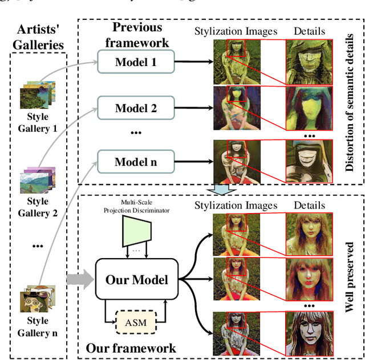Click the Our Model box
(x=136, y=279)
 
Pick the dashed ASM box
(x=136, y=323)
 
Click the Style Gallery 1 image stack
(x=38, y=95)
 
